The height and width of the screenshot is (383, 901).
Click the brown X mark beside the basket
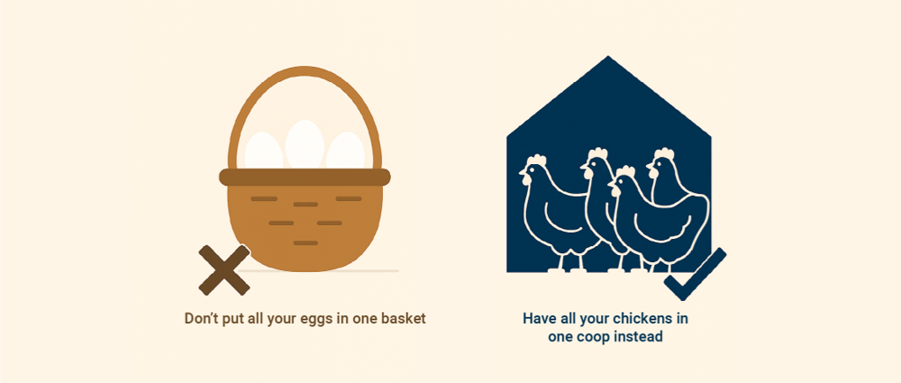click(x=224, y=269)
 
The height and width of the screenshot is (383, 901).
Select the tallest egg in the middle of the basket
click(x=305, y=144)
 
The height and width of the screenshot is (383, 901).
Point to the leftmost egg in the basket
click(x=264, y=150)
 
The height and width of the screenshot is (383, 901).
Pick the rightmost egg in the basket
click(x=345, y=150)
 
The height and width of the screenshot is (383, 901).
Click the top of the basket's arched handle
click(x=305, y=71)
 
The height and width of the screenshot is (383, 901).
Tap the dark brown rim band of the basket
click(x=305, y=178)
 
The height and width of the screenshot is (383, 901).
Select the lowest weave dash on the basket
click(x=305, y=243)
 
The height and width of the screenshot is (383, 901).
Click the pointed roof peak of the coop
click(x=608, y=57)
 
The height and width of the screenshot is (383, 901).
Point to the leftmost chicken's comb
click(x=536, y=159)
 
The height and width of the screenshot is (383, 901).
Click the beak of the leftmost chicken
click(x=522, y=171)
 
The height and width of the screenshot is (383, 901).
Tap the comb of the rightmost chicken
click(x=664, y=153)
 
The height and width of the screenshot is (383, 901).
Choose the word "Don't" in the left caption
click(x=202, y=318)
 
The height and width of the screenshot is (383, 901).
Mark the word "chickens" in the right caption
click(x=640, y=318)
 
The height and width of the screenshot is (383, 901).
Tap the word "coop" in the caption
click(x=587, y=337)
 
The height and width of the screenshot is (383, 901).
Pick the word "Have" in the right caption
click(x=536, y=318)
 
